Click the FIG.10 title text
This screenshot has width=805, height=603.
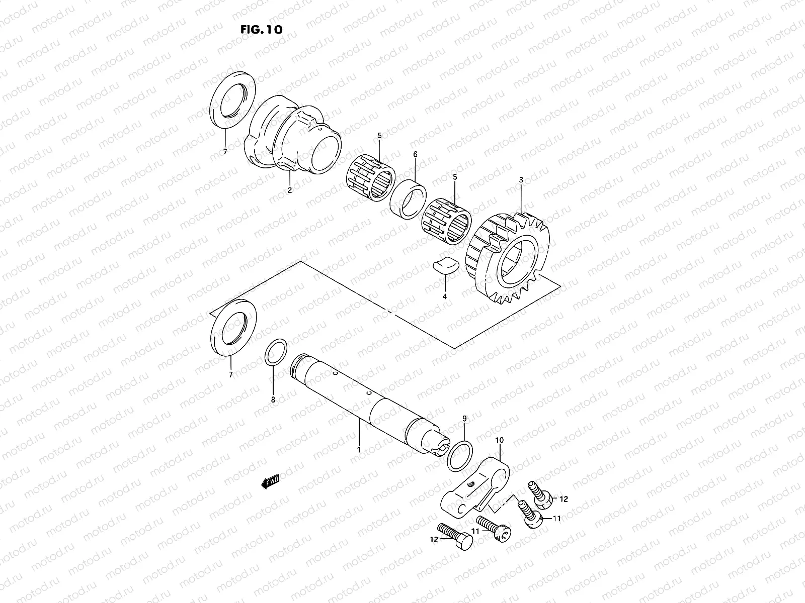pos(261,29)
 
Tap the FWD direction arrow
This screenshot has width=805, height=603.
pos(270,482)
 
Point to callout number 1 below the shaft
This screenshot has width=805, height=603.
pos(359,450)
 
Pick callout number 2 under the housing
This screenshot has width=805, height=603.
pos(290,190)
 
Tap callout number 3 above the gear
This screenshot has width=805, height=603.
pos(521,179)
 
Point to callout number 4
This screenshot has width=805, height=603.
pos(444,296)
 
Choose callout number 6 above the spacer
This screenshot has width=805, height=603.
pos(415,155)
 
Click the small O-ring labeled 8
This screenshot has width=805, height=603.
pos(276,354)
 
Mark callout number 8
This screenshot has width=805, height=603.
pos(273,400)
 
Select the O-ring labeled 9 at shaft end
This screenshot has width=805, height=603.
pos(460,455)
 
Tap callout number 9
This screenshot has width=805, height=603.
pos(464,418)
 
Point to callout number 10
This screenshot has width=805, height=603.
pos(499,440)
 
